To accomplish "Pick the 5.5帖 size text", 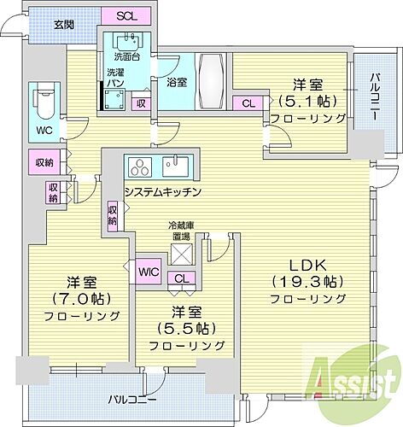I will pos(185,327).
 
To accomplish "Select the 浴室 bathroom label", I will pos(167,84).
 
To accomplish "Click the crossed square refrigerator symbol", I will pos(182,253).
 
